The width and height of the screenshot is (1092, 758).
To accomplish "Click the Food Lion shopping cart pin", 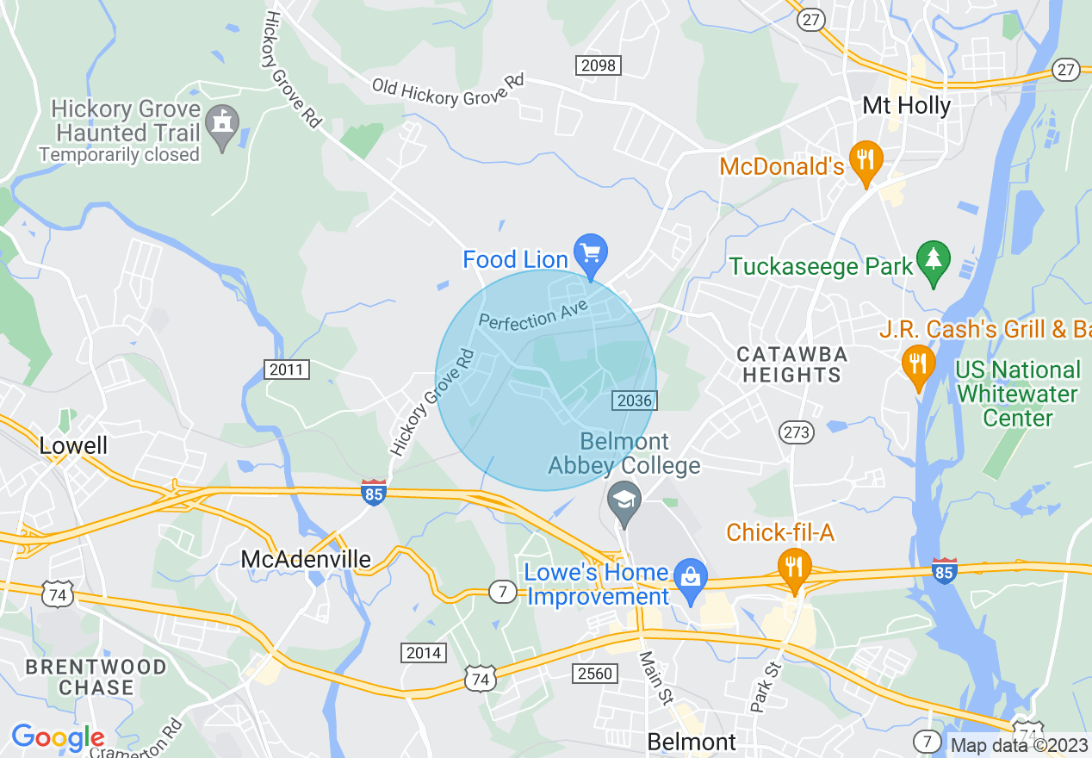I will click(591, 254).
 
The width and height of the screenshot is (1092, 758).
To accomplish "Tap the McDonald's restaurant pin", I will click(866, 160).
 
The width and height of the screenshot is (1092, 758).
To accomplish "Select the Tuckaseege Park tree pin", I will click(933, 259).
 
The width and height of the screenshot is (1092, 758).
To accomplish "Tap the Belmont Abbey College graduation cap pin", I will click(625, 500).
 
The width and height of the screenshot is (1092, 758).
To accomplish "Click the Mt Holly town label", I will click(907, 106).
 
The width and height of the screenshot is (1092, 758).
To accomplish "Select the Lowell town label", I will click(74, 445).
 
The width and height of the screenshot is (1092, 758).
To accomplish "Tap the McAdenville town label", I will click(306, 559).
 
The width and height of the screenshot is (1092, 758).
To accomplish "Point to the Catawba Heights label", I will click(792, 364).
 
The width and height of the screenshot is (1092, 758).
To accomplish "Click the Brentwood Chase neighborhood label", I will click(96, 677).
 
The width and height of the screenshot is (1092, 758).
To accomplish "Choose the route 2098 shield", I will click(598, 65).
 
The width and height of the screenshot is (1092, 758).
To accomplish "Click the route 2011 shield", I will click(286, 370).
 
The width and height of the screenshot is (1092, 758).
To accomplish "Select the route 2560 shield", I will click(596, 673).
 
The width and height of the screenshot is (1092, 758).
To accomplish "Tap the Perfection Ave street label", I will click(533, 314).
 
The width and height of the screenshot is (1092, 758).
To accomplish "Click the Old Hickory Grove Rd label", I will click(448, 90).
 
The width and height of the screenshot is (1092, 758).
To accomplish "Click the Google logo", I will click(58, 737).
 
